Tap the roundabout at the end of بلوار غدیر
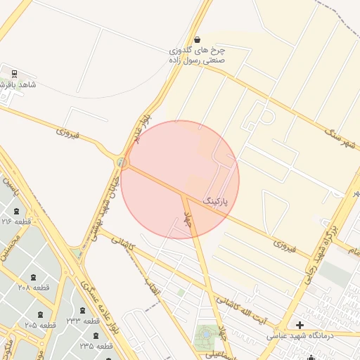(x=124, y=163)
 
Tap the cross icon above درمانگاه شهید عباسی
(x=300, y=325)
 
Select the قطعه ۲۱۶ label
(x=15, y=221)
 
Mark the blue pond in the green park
(x=205, y=333)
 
